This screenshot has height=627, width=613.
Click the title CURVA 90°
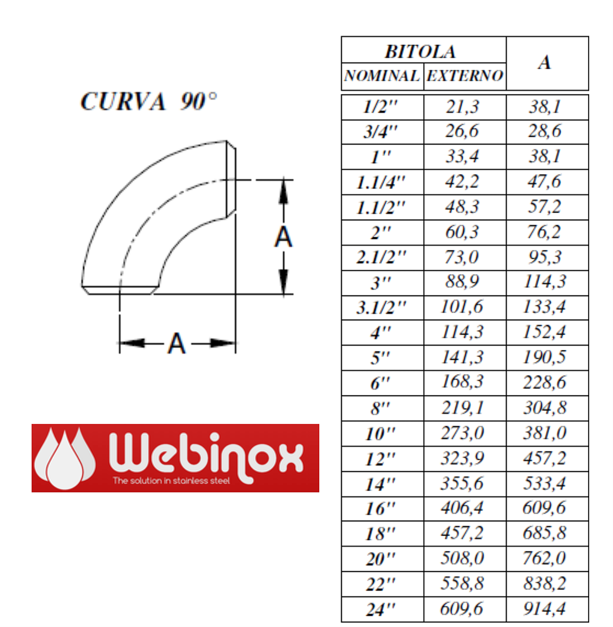(149, 101)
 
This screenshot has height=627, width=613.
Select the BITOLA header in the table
(420, 52)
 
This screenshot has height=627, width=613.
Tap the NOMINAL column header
(382, 76)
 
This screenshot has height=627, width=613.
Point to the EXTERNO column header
(465, 76)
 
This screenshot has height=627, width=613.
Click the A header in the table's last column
(545, 62)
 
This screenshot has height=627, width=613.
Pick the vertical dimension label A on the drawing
(283, 237)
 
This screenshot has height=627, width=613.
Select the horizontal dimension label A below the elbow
(177, 343)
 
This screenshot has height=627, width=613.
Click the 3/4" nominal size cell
(380, 132)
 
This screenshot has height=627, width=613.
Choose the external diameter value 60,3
(462, 232)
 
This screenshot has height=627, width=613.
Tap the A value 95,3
(545, 257)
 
